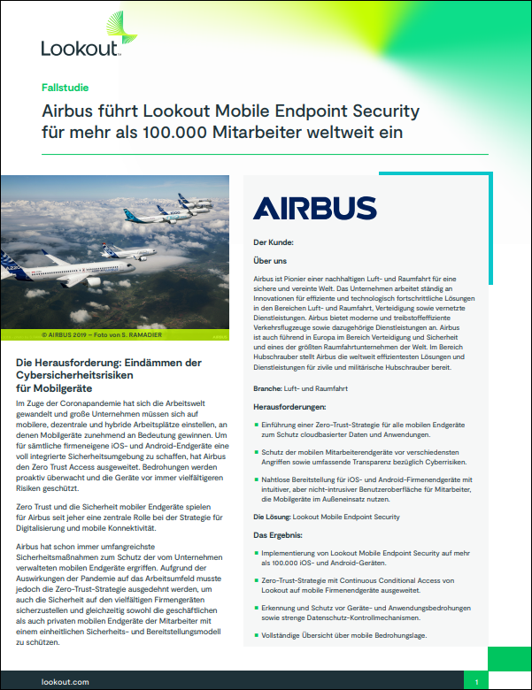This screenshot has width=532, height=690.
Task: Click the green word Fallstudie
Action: (65, 88)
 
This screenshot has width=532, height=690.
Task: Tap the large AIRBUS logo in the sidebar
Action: (314, 208)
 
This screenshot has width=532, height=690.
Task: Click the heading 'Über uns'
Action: (269, 261)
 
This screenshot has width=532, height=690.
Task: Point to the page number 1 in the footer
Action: (476, 682)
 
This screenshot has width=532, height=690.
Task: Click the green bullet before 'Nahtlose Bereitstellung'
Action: (256, 479)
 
